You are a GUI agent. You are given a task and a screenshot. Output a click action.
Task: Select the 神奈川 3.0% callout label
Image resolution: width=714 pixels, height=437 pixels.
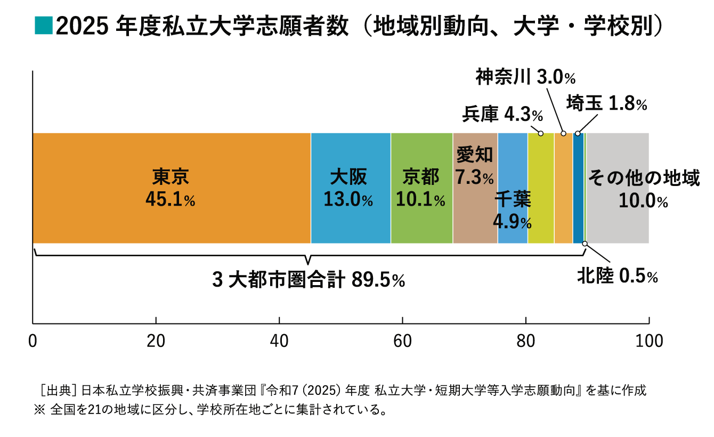(525, 78)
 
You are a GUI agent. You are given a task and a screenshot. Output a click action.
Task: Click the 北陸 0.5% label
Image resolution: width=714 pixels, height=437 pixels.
(618, 276)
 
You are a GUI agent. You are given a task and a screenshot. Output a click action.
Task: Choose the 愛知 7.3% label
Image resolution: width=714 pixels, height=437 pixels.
(475, 166)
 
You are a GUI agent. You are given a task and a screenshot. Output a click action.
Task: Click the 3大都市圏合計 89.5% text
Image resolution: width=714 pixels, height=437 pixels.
(309, 280)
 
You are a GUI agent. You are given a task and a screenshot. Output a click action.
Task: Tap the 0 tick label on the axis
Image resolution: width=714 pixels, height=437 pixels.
(33, 341)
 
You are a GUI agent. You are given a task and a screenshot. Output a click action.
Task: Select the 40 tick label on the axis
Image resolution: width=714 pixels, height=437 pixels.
(279, 341)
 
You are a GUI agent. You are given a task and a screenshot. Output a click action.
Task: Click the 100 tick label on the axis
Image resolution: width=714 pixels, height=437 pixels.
(648, 341)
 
